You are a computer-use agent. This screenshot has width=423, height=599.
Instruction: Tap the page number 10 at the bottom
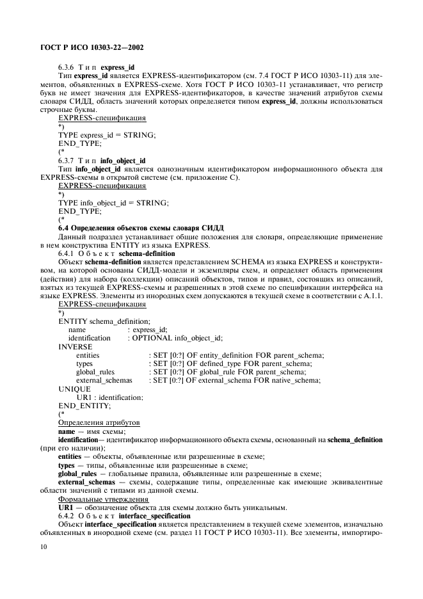[44, 547]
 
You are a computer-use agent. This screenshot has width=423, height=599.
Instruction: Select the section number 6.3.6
[68, 67]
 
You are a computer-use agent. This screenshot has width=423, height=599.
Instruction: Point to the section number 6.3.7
[68, 160]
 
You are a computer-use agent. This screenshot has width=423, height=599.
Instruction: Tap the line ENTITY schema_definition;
[104, 321]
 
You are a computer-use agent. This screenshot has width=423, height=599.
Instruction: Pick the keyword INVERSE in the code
[75, 346]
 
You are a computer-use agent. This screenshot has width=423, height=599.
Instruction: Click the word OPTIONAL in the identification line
[152, 338]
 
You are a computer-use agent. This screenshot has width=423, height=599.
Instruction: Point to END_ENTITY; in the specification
[84, 406]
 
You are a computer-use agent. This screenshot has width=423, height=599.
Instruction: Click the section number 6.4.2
[68, 515]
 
